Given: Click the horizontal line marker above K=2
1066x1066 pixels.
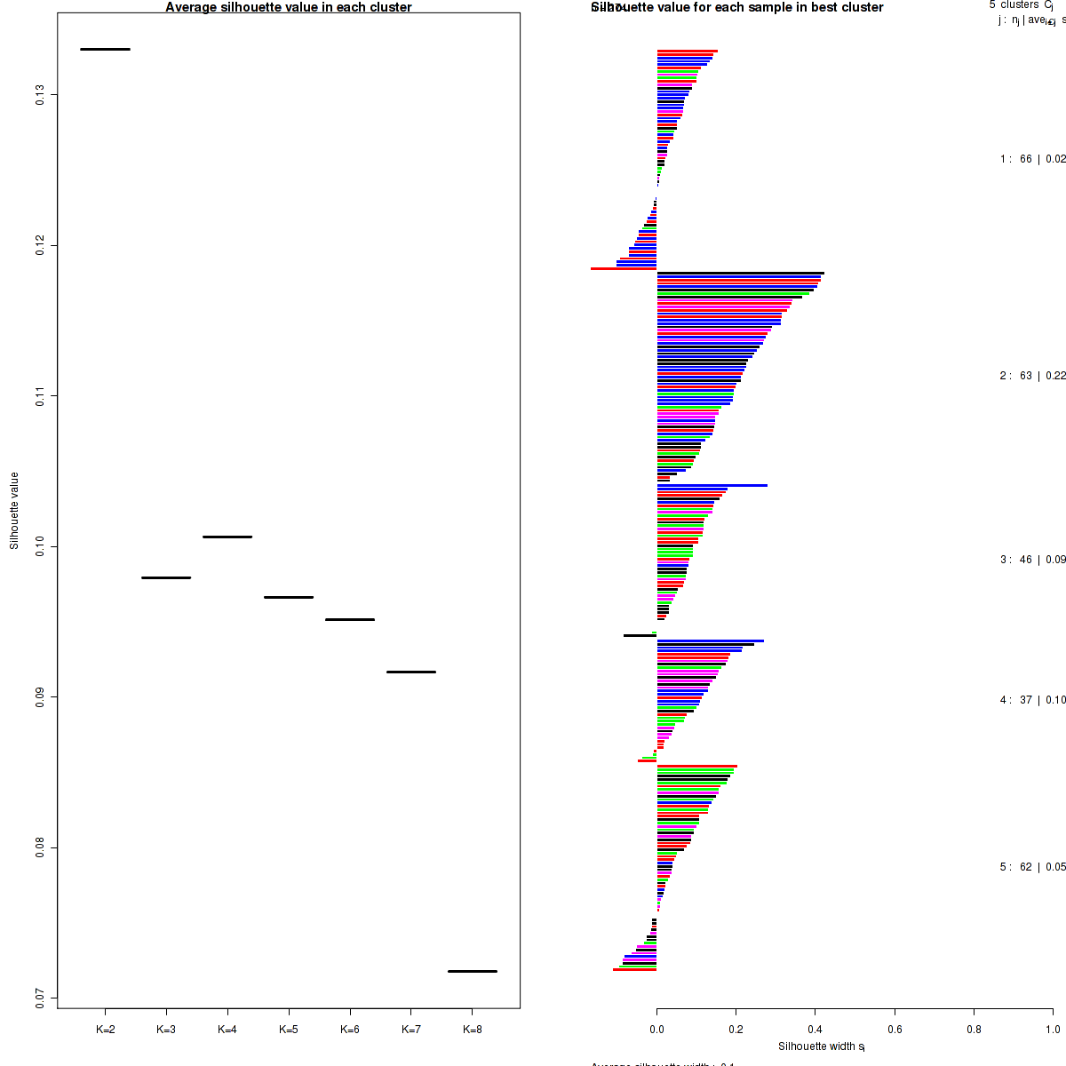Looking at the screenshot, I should tap(105, 49).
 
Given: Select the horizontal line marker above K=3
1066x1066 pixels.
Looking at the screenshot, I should tap(166, 577).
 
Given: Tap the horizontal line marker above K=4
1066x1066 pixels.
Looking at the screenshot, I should tap(227, 537).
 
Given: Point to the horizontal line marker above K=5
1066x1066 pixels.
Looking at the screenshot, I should tap(289, 597).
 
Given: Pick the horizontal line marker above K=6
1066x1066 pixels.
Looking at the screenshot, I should tap(350, 619).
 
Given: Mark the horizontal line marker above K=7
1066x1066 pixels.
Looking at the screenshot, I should tap(411, 672).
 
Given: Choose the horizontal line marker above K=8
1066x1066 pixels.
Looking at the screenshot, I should tap(473, 971).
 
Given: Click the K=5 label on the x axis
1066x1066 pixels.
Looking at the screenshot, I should tap(289, 1030).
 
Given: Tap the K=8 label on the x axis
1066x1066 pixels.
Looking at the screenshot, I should tap(473, 1030).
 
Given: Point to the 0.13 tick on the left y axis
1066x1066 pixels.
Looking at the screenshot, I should tap(41, 94).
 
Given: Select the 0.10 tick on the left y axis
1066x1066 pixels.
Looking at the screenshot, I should tap(41, 545).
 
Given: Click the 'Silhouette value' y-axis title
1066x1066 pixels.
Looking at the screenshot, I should tap(14, 511).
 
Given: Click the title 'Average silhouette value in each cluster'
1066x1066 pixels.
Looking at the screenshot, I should tap(289, 7).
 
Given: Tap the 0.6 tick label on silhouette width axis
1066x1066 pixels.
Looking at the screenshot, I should tap(895, 1030).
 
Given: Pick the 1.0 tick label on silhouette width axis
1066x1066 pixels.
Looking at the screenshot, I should tap(1053, 1030).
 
